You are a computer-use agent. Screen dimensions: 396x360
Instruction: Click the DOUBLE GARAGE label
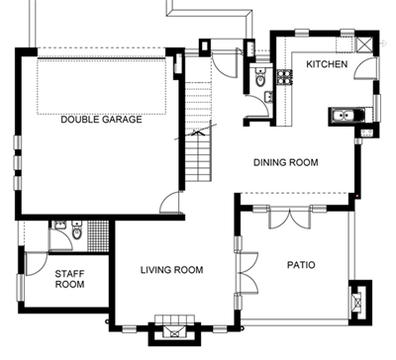[101, 119]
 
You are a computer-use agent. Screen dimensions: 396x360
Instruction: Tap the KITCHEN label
[327, 64]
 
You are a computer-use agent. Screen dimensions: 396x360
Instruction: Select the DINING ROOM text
[286, 162]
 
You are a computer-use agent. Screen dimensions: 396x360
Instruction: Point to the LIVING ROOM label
[172, 270]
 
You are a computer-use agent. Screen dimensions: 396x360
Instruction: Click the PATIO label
[301, 265]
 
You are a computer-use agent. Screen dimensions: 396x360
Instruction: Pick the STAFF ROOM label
[69, 279]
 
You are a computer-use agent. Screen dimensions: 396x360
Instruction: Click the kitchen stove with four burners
[285, 77]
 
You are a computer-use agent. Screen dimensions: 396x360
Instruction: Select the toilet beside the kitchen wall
[260, 78]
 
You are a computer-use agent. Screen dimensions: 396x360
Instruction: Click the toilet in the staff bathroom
[76, 231]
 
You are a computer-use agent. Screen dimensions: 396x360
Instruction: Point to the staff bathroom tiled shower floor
[98, 236]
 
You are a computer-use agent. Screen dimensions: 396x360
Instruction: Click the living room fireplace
[174, 331]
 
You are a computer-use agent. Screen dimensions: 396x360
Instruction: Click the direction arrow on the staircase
[196, 132]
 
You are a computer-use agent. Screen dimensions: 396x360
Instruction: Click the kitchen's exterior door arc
[364, 66]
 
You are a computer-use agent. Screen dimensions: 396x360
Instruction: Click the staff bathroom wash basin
[59, 225]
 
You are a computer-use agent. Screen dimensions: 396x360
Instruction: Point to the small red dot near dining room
[357, 196]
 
